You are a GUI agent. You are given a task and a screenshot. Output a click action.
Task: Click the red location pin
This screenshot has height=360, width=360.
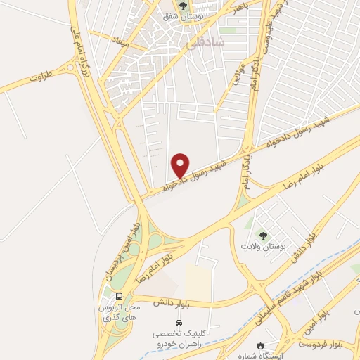tap(181, 165)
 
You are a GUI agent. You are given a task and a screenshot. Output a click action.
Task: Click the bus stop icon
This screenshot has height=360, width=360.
tap(119, 296)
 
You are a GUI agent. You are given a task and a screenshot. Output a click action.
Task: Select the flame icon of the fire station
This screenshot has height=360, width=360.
tap(262, 345)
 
